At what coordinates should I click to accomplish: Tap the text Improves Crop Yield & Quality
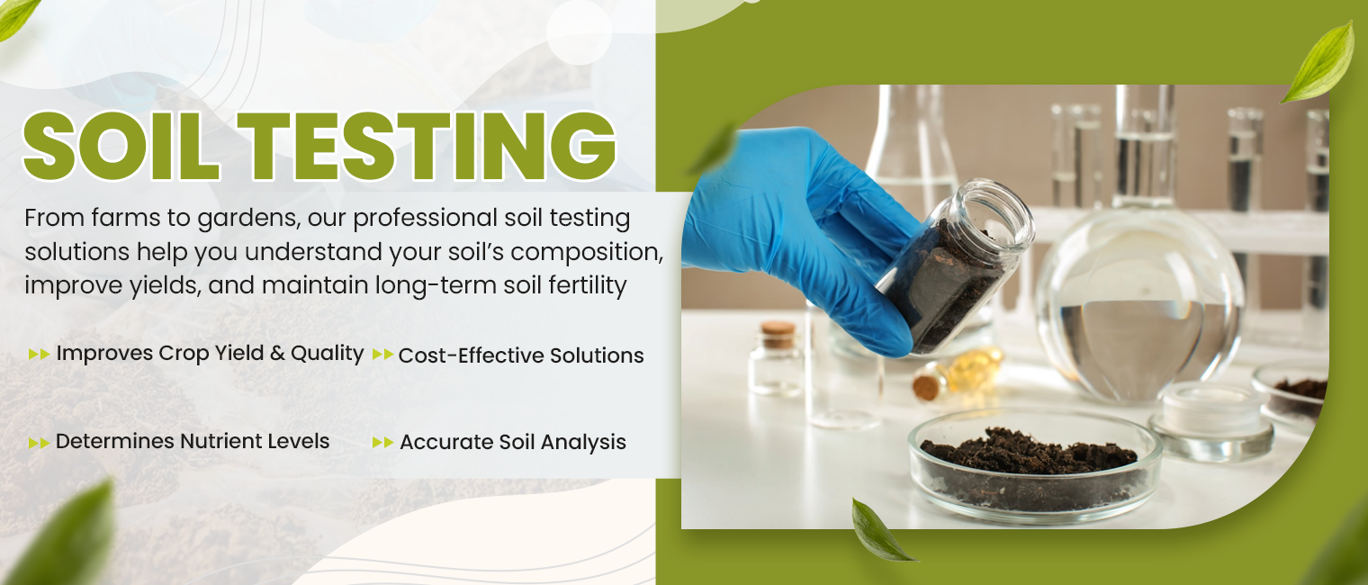pyautogui.click(x=210, y=353)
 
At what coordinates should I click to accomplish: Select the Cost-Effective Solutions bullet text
pyautogui.click(x=521, y=355)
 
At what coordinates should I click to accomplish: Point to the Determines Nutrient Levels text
pyautogui.click(x=193, y=441)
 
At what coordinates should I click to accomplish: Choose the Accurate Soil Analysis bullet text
pyautogui.click(x=513, y=442)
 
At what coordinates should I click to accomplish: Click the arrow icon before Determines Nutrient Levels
pyautogui.click(x=39, y=442)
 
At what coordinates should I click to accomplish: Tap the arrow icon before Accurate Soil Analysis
pyautogui.click(x=382, y=442)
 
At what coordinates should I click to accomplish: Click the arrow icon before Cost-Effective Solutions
pyautogui.click(x=382, y=355)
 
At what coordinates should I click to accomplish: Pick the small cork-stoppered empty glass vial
pyautogui.click(x=777, y=360)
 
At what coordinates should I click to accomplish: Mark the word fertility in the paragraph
pyautogui.click(x=584, y=286)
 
